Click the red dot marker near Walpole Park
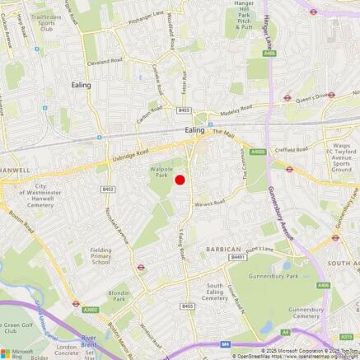pyautogui.click(x=180, y=180)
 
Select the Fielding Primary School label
pyautogui.click(x=101, y=255)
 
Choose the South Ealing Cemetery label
pyautogui.click(x=215, y=292)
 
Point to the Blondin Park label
pyautogui.click(x=119, y=296)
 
